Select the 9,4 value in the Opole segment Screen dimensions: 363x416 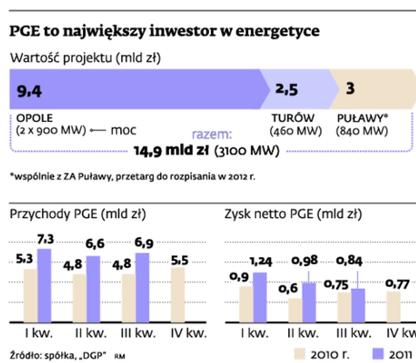pos(29,91)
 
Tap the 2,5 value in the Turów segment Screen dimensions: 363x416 pos(286,90)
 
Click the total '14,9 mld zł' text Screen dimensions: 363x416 pos(171,151)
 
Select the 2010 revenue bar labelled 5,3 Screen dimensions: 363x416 pos(30,296)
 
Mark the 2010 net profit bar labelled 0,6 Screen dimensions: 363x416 pos(295,310)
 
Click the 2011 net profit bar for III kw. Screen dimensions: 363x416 pos(358,306)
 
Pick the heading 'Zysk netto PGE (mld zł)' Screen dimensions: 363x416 pos(293,214)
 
